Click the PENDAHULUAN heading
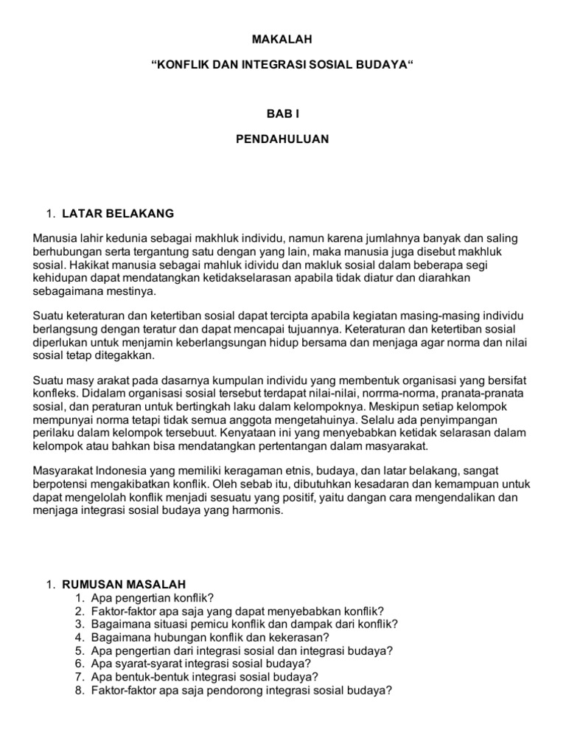pyautogui.click(x=283, y=139)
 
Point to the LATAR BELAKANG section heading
pyautogui.click(x=118, y=214)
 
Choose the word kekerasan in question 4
pyautogui.click(x=296, y=637)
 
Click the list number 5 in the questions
pyautogui.click(x=79, y=650)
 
